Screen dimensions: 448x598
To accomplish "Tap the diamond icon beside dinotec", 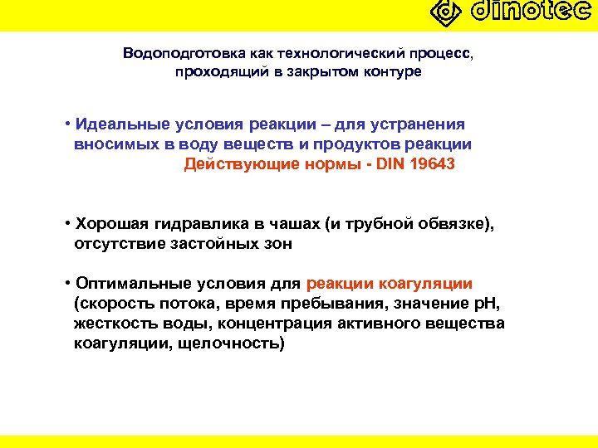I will click(447, 12).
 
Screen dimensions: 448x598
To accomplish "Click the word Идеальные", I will click(123, 124).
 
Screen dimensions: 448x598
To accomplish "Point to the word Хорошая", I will click(107, 225).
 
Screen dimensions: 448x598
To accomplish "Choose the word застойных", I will click(212, 244).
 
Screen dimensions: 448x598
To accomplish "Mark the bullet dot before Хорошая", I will click(65, 225).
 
